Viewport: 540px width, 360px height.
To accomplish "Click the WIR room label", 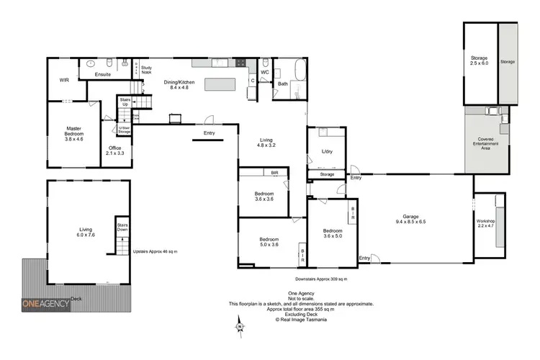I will (x=65, y=91).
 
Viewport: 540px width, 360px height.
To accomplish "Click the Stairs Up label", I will (x=124, y=103).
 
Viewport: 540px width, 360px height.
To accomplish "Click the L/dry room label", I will (x=328, y=151).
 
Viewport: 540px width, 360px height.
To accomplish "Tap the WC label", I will (x=265, y=72).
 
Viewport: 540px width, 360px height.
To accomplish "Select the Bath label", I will (x=283, y=84).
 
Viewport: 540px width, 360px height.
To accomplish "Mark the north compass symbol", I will (x=238, y=329).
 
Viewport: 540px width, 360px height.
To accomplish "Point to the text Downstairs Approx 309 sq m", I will (x=321, y=279).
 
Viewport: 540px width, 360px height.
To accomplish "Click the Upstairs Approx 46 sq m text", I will (x=156, y=251).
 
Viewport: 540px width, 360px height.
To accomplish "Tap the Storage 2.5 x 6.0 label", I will (x=480, y=60).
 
